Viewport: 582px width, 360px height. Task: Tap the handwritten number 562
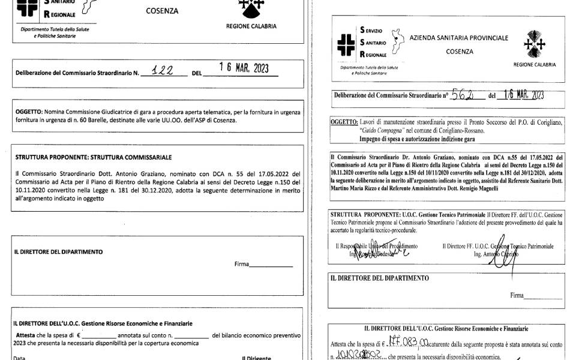click(463, 94)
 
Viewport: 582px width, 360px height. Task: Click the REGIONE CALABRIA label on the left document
click(251, 26)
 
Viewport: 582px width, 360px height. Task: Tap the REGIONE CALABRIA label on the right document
click(534, 64)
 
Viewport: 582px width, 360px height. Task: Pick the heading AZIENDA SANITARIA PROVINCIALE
click(459, 38)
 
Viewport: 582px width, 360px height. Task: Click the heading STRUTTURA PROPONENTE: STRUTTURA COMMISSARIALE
click(94, 157)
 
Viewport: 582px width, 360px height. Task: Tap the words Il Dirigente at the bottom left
click(256, 358)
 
